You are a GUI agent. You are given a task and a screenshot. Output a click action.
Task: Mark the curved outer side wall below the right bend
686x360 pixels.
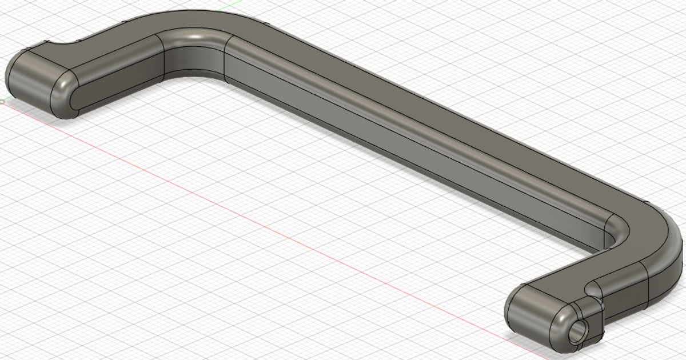[x=663, y=274]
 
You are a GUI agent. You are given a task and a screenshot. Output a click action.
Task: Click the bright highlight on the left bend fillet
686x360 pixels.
[x=197, y=37]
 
